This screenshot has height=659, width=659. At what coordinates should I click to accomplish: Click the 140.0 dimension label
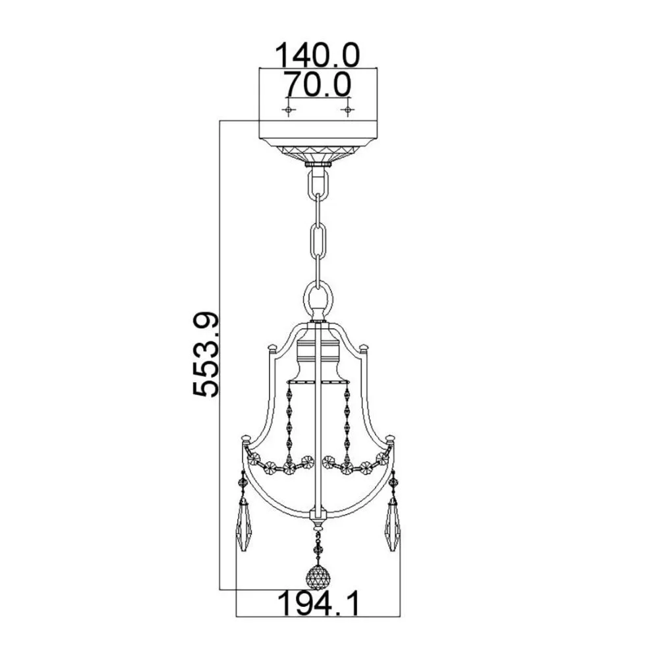(318, 55)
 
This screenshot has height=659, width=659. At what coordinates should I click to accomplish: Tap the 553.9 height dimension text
(206, 355)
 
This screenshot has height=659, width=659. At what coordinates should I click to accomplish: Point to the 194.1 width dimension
(319, 603)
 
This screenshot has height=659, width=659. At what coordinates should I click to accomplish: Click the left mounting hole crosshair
(289, 111)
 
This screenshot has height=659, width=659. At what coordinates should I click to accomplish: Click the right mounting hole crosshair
(347, 111)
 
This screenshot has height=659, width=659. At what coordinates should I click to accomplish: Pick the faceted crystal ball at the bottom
(318, 578)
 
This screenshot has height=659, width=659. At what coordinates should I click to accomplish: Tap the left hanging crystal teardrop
(243, 526)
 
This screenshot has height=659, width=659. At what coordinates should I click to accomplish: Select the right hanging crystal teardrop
(393, 526)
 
